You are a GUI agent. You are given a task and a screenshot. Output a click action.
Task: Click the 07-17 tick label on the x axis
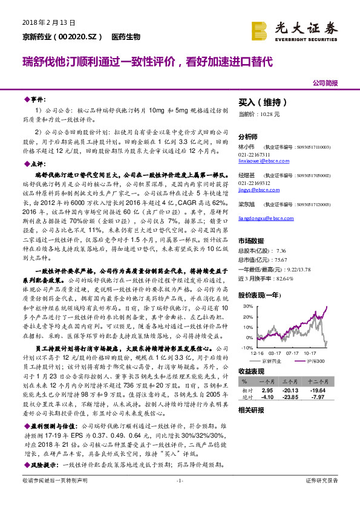293,353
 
